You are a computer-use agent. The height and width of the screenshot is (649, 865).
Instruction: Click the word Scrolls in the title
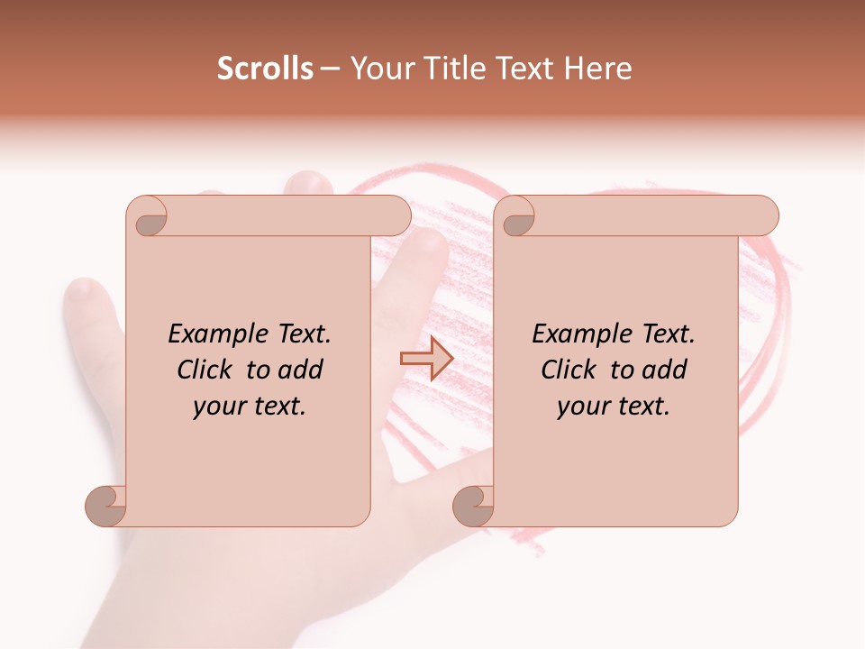click(265, 69)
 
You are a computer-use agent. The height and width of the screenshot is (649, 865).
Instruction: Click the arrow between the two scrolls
click(426, 359)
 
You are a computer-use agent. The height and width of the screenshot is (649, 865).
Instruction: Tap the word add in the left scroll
click(300, 370)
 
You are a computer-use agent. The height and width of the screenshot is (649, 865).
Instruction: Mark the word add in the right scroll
click(664, 370)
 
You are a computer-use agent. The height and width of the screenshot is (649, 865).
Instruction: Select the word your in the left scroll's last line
click(217, 407)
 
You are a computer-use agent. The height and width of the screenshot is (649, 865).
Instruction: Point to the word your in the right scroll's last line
click(581, 407)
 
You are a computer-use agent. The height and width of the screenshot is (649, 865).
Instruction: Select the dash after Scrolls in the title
click(330, 69)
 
